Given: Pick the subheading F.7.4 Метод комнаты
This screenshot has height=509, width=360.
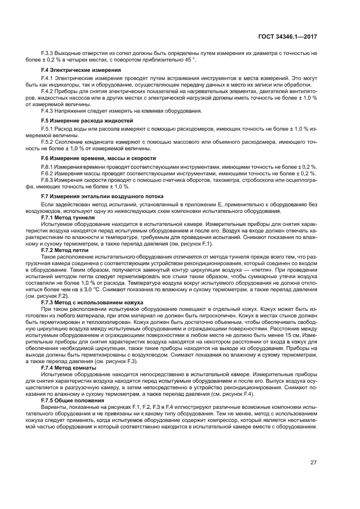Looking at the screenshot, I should [69, 367].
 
